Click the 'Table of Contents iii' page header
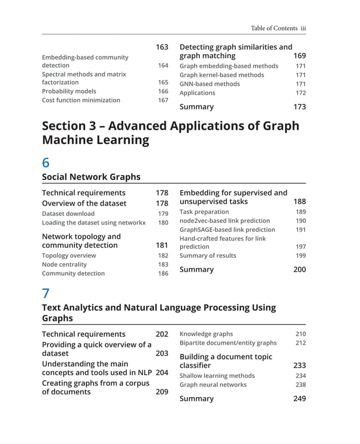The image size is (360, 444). click(x=278, y=28)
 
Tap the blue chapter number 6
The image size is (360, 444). click(x=46, y=162)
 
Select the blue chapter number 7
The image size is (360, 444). click(x=46, y=293)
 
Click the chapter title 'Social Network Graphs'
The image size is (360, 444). click(x=91, y=177)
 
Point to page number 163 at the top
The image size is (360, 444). click(x=162, y=47)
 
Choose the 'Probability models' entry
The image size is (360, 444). click(x=69, y=91)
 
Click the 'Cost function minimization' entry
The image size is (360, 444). click(x=81, y=100)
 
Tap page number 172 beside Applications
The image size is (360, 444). click(x=301, y=93)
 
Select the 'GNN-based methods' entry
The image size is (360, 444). click(x=209, y=84)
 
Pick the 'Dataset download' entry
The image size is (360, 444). click(x=68, y=214)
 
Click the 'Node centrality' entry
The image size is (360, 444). click(x=64, y=265)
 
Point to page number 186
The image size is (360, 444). click(x=163, y=274)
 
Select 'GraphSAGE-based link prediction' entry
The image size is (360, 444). click(x=227, y=230)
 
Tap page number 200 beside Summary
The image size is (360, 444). click(x=300, y=270)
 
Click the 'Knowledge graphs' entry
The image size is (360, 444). click(x=206, y=334)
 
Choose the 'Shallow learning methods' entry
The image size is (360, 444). click(x=217, y=376)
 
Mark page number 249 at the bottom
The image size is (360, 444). click(x=300, y=399)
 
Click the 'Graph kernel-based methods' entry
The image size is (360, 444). click(x=221, y=75)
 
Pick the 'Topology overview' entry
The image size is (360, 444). click(x=69, y=256)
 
